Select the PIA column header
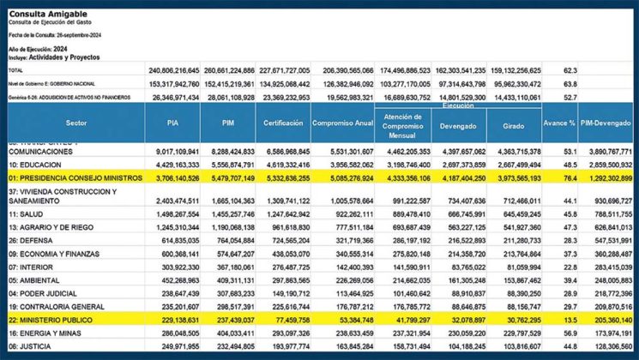[172, 124]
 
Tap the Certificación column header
[282, 124]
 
